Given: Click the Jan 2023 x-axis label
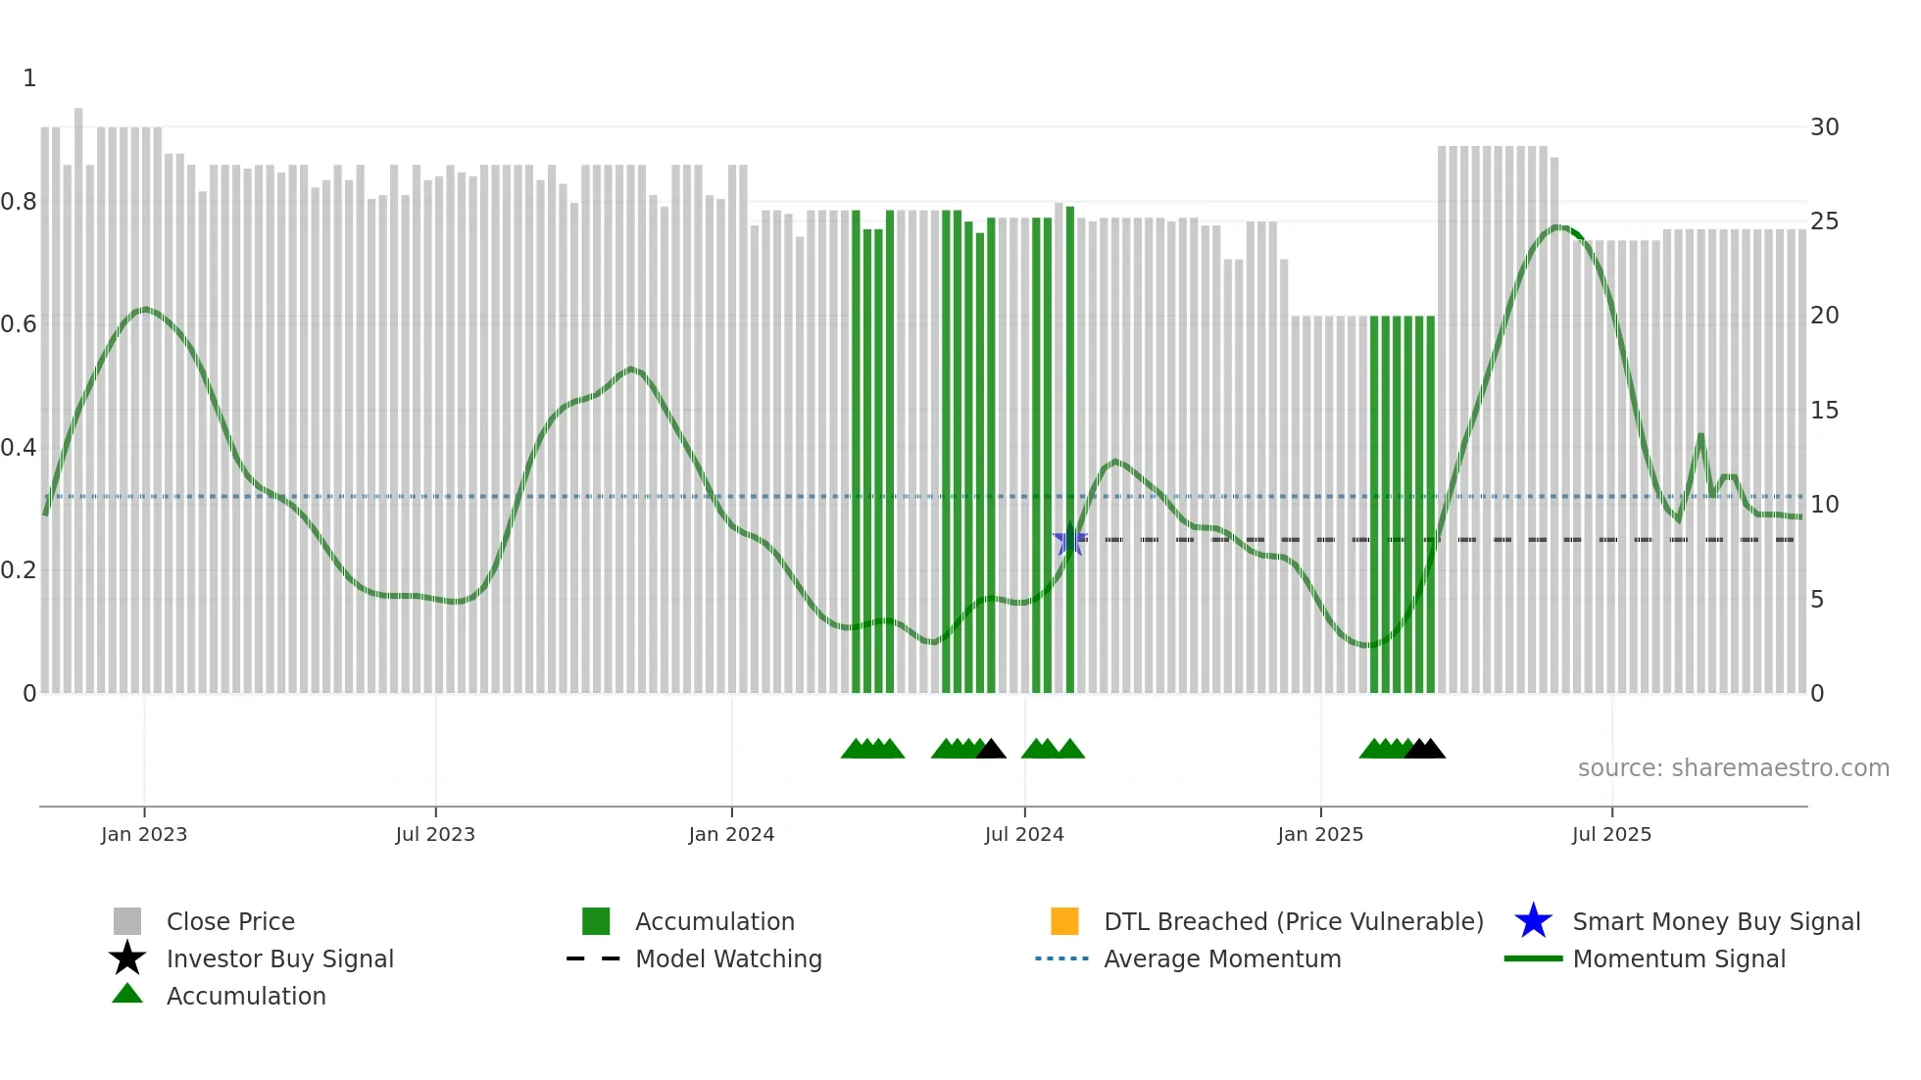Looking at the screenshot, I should click(143, 834).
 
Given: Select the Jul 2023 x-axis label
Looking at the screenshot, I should click(435, 834).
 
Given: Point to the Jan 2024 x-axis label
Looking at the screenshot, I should click(731, 834).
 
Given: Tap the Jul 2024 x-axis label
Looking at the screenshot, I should click(1024, 834).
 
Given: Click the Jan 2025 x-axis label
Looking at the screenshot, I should click(1320, 834).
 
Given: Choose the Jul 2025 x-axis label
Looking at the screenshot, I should click(1611, 834).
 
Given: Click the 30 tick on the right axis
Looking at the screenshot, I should click(1824, 127).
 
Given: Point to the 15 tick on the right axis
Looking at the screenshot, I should click(1824, 411).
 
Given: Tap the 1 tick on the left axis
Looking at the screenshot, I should click(29, 78).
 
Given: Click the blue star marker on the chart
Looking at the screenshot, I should click(1069, 540).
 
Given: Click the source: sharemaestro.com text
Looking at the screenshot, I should click(1733, 768).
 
